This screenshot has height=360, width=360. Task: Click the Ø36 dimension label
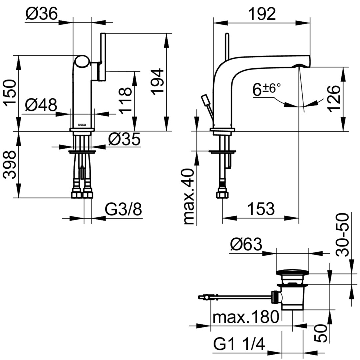pyautogui.click(x=42, y=14)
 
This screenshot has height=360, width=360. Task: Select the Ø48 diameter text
pyautogui.click(x=41, y=106)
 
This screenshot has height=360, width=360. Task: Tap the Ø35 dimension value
pyautogui.click(x=124, y=139)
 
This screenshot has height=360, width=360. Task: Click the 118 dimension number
pyautogui.click(x=126, y=101)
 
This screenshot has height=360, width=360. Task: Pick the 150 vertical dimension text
pyautogui.click(x=10, y=93)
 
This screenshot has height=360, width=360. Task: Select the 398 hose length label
pyautogui.click(x=10, y=165)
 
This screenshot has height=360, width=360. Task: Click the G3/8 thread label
pyautogui.click(x=124, y=210)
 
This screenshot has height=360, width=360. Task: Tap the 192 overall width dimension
pyautogui.click(x=262, y=14)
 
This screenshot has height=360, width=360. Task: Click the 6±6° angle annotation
pyautogui.click(x=266, y=89)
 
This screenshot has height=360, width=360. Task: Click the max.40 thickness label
pyautogui.click(x=189, y=197)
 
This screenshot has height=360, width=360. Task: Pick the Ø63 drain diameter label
pyautogui.click(x=246, y=245)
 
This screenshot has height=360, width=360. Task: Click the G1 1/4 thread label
pyautogui.click(x=239, y=344)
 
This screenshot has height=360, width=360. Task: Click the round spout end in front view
pyautogui.click(x=82, y=62)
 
